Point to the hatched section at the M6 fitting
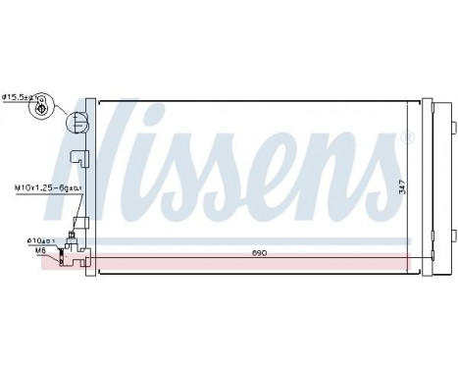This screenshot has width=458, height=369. (x=67, y=259)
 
